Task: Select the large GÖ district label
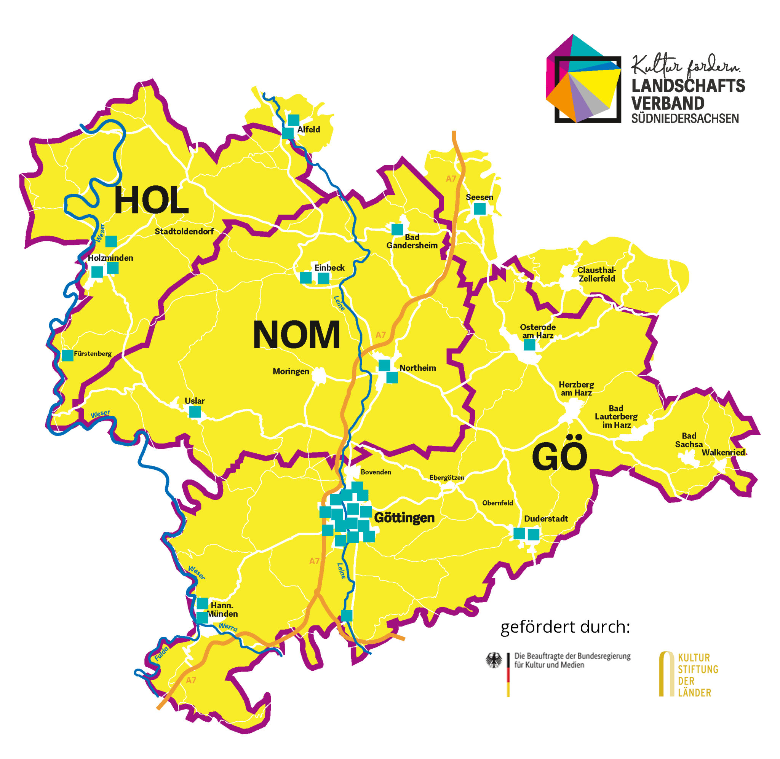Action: pyautogui.click(x=559, y=457)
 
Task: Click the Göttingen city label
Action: pyautogui.click(x=404, y=518)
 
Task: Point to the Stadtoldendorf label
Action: pyautogui.click(x=184, y=231)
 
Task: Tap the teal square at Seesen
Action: pyautogui.click(x=480, y=209)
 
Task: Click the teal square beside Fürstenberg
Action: pyautogui.click(x=67, y=355)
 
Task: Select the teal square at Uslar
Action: pyautogui.click(x=195, y=412)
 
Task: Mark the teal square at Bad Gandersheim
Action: pyautogui.click(x=397, y=229)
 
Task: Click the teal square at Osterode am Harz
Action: pyautogui.click(x=529, y=345)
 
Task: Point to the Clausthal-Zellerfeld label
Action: pyautogui.click(x=596, y=274)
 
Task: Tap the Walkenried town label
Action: pyautogui.click(x=723, y=453)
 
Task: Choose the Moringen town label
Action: pyautogui.click(x=291, y=372)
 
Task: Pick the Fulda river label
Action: pyautogui.click(x=161, y=654)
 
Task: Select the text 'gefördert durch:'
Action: pyautogui.click(x=565, y=627)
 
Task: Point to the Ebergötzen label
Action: pyautogui.click(x=447, y=478)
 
